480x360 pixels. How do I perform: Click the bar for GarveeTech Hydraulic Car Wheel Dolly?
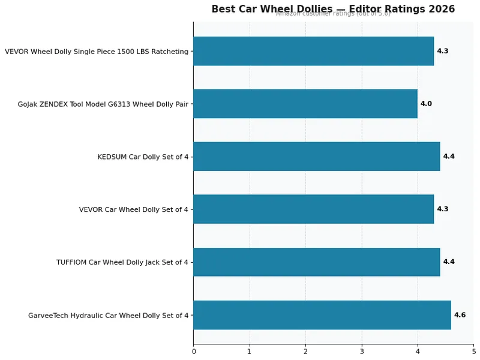click(322, 315)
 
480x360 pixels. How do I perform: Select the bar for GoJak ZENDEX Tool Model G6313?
click(305, 104)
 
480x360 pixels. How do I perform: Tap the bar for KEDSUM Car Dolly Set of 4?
click(316, 157)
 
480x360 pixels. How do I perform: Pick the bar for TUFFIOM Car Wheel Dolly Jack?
click(316, 262)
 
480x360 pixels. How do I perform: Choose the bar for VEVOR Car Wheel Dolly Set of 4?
click(313, 209)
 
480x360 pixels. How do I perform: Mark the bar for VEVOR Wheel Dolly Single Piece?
click(313, 51)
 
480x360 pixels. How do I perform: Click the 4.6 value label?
click(460, 315)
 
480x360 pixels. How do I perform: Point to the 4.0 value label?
click(426, 104)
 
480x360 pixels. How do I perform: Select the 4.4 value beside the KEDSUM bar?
click(449, 157)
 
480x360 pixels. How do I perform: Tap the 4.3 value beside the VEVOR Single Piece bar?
click(443, 51)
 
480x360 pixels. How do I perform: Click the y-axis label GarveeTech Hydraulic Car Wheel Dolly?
click(108, 316)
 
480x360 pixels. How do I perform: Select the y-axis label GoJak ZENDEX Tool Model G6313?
click(103, 104)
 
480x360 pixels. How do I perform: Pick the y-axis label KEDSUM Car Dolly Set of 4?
click(143, 157)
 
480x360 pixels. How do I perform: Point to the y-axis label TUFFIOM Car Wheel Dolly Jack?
click(122, 263)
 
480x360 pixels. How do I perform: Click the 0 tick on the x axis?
click(193, 352)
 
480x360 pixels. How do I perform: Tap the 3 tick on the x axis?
click(361, 352)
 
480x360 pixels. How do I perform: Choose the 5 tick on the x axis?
click(473, 352)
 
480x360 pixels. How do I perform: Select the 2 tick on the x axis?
click(305, 352)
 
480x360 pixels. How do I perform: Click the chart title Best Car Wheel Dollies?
click(333, 9)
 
